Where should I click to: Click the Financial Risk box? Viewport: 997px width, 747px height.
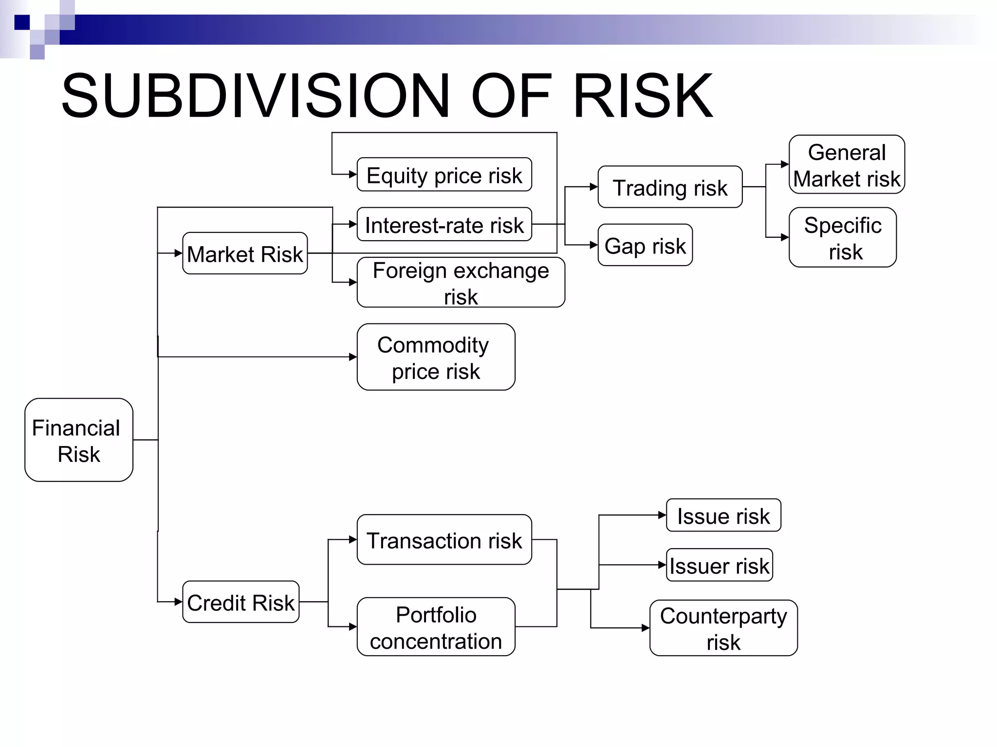pyautogui.click(x=79, y=440)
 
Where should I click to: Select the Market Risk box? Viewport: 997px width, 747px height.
pyautogui.click(x=245, y=253)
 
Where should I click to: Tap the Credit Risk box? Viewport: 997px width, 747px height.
pyautogui.click(x=240, y=602)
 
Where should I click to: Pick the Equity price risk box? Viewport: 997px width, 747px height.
pyautogui.click(x=444, y=175)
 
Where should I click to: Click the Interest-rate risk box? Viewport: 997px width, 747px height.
pyautogui.click(x=444, y=225)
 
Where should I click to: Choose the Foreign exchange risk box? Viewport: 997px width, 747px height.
pyautogui.click(x=461, y=283)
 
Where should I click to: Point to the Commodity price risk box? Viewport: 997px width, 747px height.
pyautogui.click(x=436, y=357)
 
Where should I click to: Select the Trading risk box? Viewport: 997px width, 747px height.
pyautogui.click(x=670, y=187)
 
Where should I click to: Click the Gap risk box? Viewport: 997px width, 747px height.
pyautogui.click(x=645, y=245)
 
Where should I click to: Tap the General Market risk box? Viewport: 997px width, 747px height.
pyautogui.click(x=847, y=165)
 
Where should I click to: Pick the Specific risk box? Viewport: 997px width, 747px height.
pyautogui.click(x=843, y=237)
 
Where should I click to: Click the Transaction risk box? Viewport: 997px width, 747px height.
pyautogui.click(x=444, y=540)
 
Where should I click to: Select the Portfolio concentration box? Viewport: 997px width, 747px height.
pyautogui.click(x=436, y=627)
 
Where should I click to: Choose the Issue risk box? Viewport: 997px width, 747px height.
pyautogui.click(x=723, y=516)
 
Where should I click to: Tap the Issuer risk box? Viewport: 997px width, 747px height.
pyautogui.click(x=719, y=565)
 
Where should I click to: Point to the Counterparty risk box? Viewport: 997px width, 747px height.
pyautogui.click(x=723, y=628)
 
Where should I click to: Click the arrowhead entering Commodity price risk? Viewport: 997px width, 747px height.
pyautogui.click(x=353, y=357)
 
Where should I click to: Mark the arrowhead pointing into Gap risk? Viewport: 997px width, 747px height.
pyautogui.click(x=594, y=245)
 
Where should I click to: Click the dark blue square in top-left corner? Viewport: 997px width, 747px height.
pyautogui.click(x=22, y=22)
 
